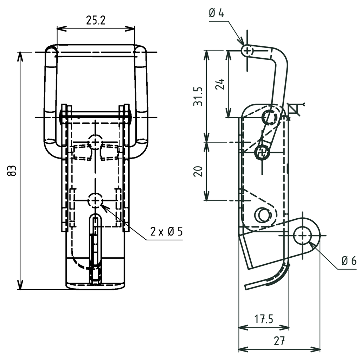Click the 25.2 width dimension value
pyautogui.click(x=96, y=20)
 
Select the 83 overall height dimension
pyautogui.click(x=12, y=171)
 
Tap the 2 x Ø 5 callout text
pyautogui.click(x=166, y=232)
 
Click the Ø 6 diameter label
pyautogui.click(x=349, y=261)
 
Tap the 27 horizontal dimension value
pyautogui.click(x=279, y=341)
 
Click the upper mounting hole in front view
pyautogui.click(x=95, y=141)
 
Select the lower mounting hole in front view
pyautogui.click(x=95, y=200)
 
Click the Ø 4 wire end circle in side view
pyautogui.click(x=247, y=51)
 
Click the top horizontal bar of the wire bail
pyautogui.click(x=96, y=49)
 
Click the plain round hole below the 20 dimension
pyautogui.click(x=262, y=214)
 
